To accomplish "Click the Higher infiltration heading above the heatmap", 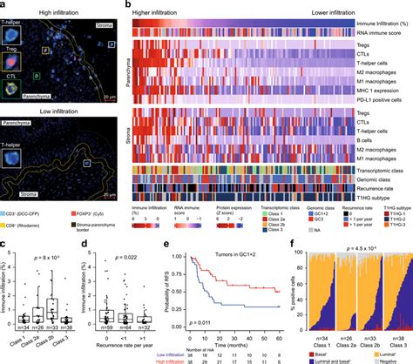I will coord(166,6).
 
